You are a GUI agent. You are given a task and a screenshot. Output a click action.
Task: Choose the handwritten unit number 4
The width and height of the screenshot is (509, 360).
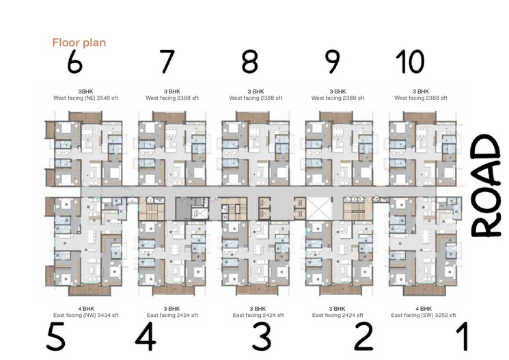pos(145,337)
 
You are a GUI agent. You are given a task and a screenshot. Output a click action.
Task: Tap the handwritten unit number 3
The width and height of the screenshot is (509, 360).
pos(261,337)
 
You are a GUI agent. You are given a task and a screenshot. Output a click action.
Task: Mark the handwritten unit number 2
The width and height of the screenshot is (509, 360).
pos(363,337)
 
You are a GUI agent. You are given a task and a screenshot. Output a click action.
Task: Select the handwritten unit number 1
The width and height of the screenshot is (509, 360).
pos(462,337)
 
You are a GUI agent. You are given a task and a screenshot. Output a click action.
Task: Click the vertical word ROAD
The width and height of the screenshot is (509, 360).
pos(488,186)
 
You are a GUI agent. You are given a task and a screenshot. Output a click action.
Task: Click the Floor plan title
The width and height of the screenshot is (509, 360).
pos(79,42)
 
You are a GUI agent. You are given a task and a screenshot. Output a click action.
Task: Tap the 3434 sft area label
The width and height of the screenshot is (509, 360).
pos(105,316)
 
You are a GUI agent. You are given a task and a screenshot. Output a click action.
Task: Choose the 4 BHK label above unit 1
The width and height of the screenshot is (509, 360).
pos(420,309)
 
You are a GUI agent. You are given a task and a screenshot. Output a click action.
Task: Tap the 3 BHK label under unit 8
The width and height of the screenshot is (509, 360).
pos(256,91)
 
